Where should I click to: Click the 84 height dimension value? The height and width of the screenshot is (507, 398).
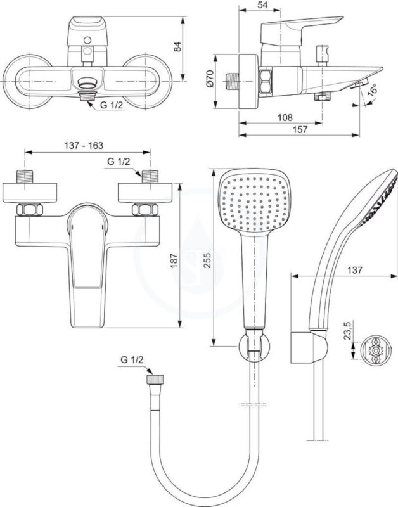[177, 46]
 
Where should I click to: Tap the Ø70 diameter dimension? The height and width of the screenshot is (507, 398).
[210, 79]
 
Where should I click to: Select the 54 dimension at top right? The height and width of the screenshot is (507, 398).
[263, 5]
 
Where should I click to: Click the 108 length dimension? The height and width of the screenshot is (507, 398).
[285, 117]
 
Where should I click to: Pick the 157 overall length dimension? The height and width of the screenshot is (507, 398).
[300, 129]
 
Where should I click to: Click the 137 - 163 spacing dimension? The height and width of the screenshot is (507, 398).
[84, 146]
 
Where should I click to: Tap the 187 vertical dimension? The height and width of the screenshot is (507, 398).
[174, 260]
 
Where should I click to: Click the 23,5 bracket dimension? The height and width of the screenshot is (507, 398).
[348, 330]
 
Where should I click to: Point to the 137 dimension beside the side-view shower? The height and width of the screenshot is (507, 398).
[355, 270]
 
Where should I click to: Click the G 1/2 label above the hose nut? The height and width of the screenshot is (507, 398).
[132, 359]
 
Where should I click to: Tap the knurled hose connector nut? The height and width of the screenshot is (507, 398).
[155, 379]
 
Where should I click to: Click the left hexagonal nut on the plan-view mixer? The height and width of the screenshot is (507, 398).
[30, 210]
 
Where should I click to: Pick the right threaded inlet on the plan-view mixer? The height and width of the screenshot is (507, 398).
[150, 176]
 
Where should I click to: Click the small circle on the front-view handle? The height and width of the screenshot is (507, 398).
[87, 41]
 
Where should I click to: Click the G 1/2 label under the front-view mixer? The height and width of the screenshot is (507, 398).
[112, 105]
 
